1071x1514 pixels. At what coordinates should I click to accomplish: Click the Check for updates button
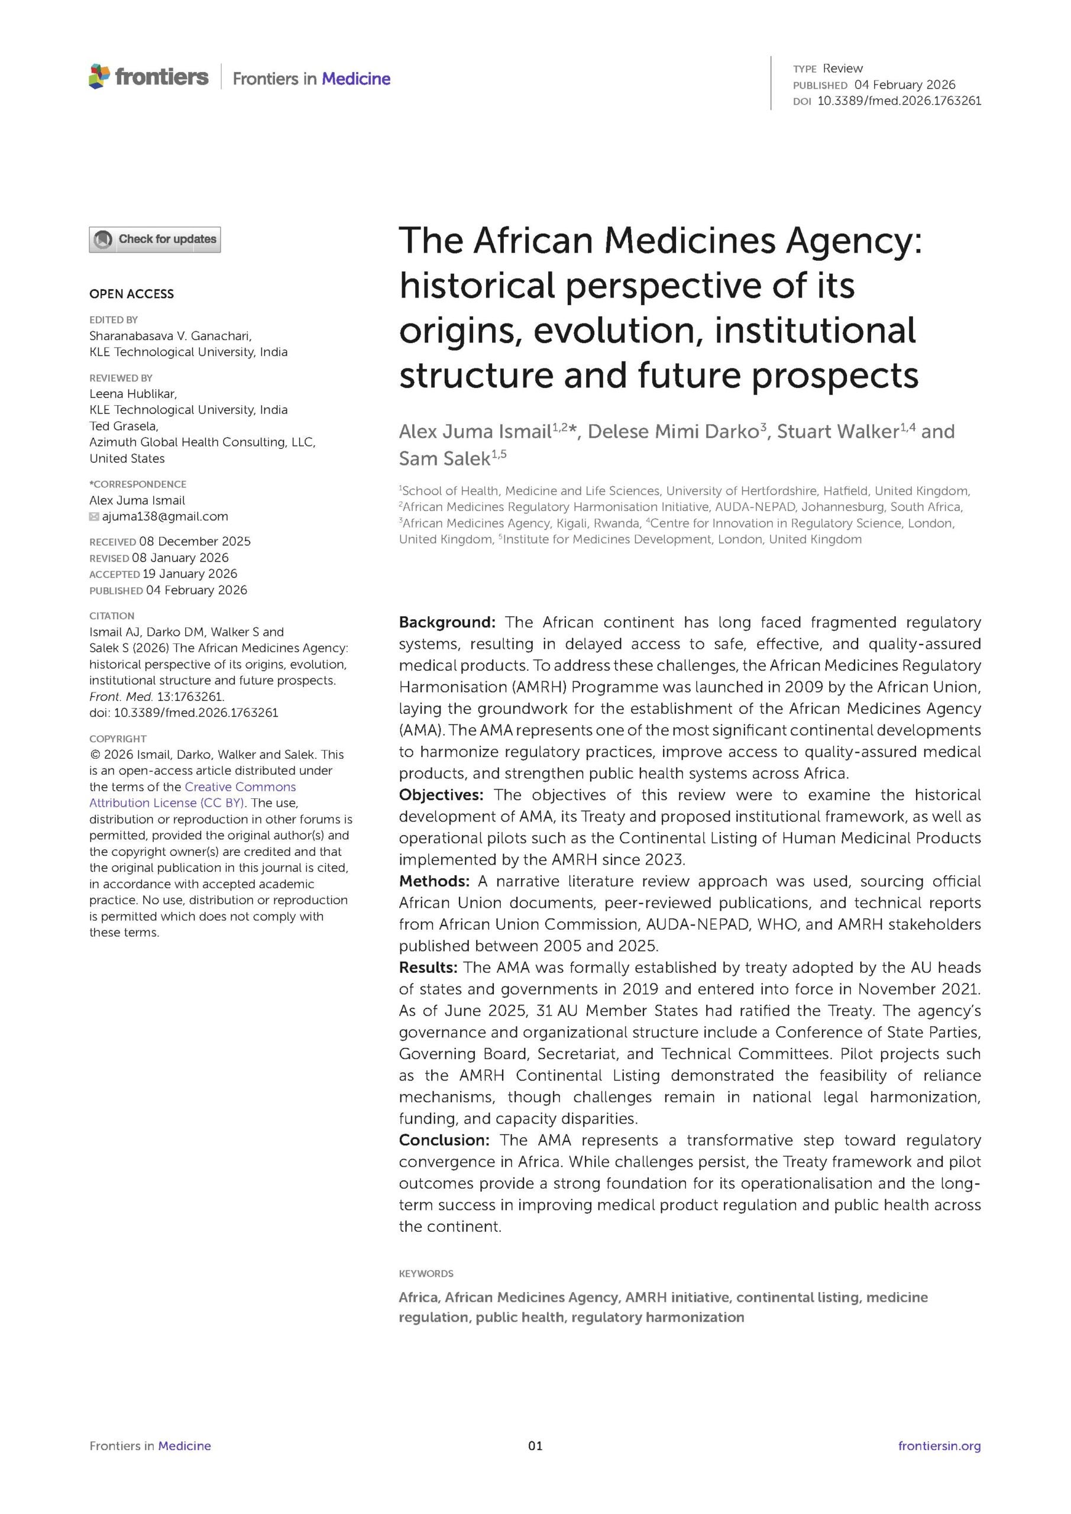click(x=155, y=240)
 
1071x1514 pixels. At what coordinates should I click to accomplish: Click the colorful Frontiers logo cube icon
click(x=99, y=76)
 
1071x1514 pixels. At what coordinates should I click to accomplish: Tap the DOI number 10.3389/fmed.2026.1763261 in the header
click(x=899, y=101)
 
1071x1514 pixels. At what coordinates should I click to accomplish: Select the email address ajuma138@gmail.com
click(x=165, y=516)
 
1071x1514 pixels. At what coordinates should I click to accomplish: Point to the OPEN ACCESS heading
click(x=132, y=294)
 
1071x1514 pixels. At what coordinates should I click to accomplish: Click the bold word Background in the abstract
click(x=446, y=623)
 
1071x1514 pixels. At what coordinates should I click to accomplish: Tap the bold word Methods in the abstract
click(x=433, y=881)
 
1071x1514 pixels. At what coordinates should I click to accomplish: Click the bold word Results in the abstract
click(x=428, y=968)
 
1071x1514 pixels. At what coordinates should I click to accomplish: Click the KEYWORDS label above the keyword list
click(x=426, y=1273)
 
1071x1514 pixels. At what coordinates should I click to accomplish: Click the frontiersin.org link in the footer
click(x=939, y=1446)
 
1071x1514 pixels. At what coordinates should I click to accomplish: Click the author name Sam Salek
click(x=443, y=459)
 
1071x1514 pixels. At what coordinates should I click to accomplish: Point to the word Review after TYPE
click(x=843, y=69)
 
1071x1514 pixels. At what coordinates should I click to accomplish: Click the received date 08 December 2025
click(x=195, y=541)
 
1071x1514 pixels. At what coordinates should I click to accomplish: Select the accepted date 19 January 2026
click(x=190, y=574)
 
